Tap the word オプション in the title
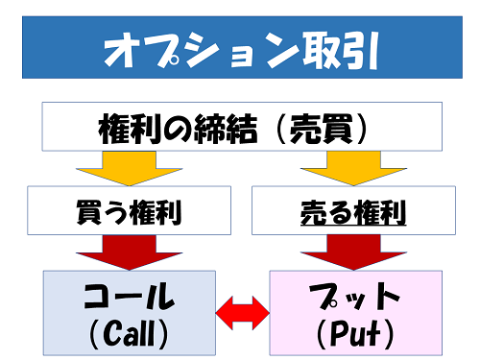coord(179,50)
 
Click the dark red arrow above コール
coord(130,252)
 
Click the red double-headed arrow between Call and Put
coord(241,310)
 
